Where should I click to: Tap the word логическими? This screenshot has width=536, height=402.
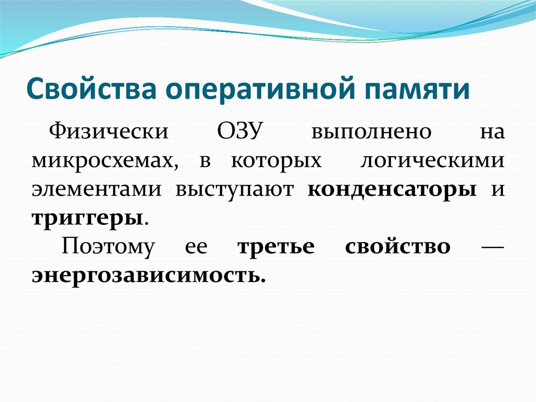pos(432,160)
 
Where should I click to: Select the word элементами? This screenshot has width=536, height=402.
pos(96,189)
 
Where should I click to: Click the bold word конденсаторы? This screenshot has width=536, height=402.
pos(392,189)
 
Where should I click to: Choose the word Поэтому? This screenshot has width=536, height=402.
pos(108,246)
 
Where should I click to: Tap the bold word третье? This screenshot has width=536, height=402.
pos(276,246)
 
